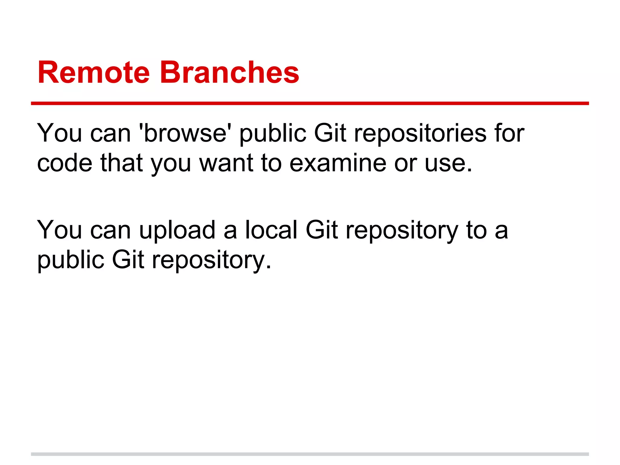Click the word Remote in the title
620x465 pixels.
[94, 73]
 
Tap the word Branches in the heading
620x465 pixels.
[229, 73]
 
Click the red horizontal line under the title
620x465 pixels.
[310, 104]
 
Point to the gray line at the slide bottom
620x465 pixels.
[310, 454]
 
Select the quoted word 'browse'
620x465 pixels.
[183, 133]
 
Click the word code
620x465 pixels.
[64, 163]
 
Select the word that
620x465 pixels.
[121, 163]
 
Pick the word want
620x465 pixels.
[226, 163]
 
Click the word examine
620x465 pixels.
[338, 163]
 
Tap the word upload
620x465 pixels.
[177, 230]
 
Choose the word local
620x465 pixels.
[271, 230]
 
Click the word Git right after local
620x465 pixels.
[322, 230]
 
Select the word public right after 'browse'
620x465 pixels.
[273, 134]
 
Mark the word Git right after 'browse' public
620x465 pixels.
[330, 133]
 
